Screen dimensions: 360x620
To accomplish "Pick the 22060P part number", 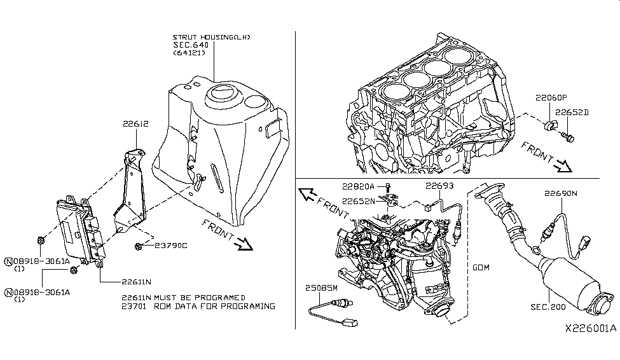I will pos(551,99).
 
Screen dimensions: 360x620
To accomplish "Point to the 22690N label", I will pos(560,193).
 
